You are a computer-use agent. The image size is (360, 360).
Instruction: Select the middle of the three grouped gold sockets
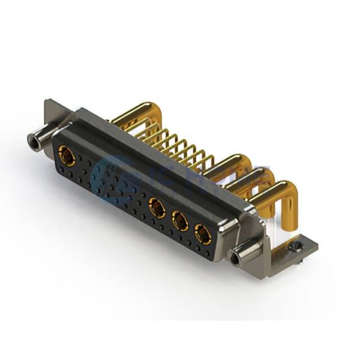pos(179,221)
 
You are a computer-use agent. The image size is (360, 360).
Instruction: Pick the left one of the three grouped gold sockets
pos(157,209)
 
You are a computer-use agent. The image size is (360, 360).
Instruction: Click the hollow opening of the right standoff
pos(235,259)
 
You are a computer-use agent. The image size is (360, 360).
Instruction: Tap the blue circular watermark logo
pos(114,180)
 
